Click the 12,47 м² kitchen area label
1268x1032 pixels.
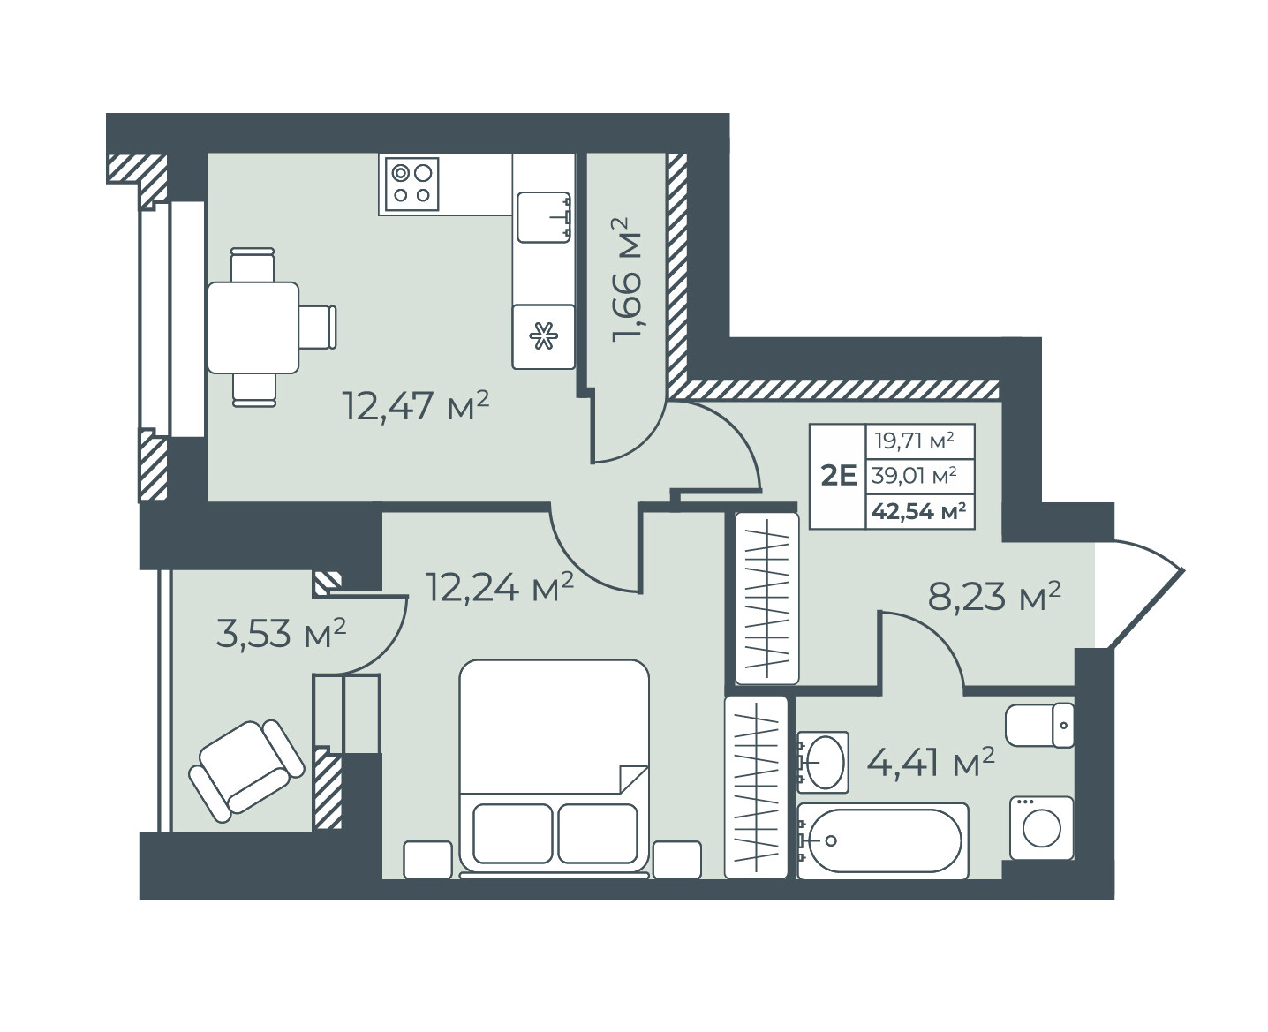(x=416, y=406)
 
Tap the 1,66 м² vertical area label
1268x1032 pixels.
(x=627, y=281)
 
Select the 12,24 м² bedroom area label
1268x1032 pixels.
(x=500, y=587)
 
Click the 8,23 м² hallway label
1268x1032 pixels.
(x=994, y=597)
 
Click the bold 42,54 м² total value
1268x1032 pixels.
(x=918, y=511)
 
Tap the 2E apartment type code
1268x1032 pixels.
(x=838, y=476)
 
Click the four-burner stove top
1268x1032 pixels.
(x=412, y=184)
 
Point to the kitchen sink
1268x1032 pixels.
(x=544, y=217)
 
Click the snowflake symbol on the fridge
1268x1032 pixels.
(x=544, y=335)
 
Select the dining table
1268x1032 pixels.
(x=253, y=328)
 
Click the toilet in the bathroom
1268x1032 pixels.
(x=1039, y=725)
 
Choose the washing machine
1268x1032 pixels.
(x=1041, y=828)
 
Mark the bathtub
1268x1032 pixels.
(x=882, y=840)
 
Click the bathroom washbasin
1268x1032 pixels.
(x=823, y=762)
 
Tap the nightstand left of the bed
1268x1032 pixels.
(x=427, y=859)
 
